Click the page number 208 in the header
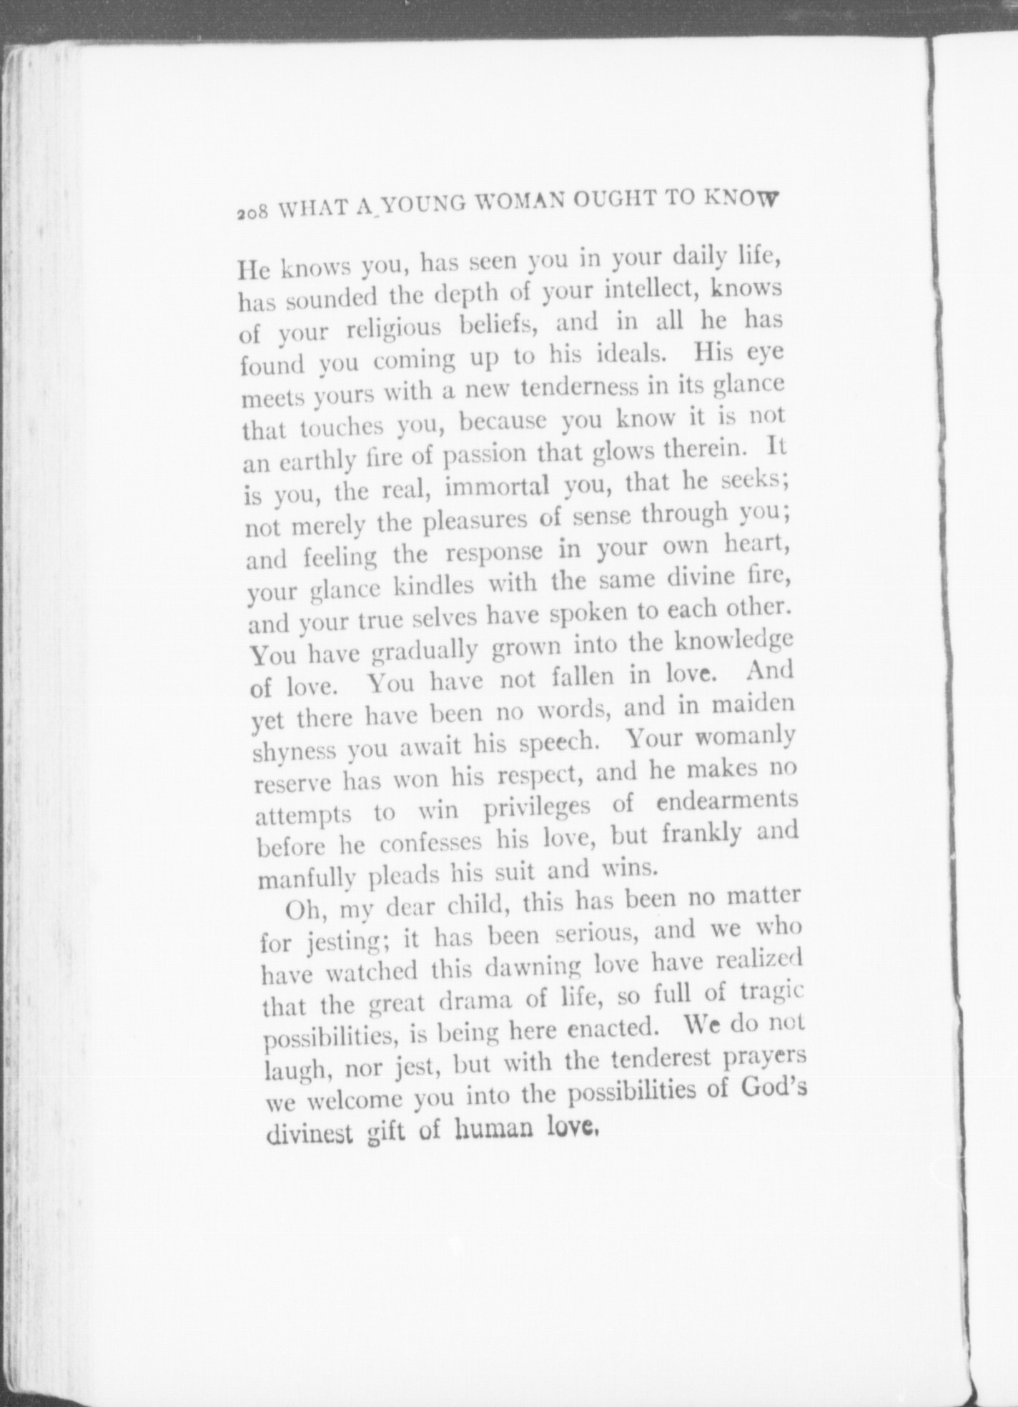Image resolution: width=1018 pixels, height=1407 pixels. pyautogui.click(x=252, y=212)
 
